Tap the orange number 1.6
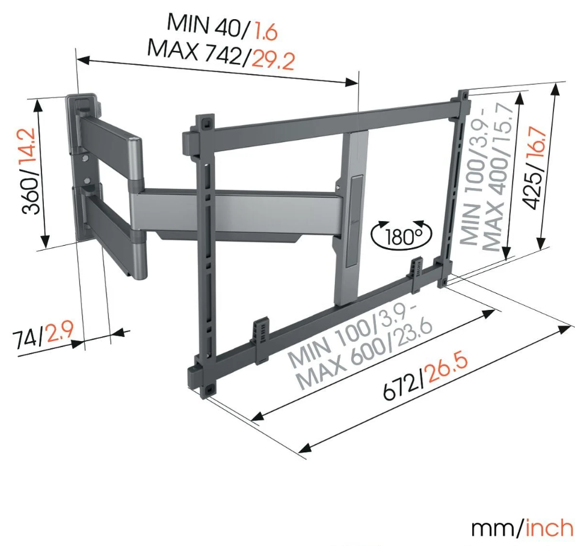pos(266,31)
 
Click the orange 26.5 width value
pos(448,366)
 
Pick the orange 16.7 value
pos(537,143)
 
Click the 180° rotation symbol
pos(402,234)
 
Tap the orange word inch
pos(549,528)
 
